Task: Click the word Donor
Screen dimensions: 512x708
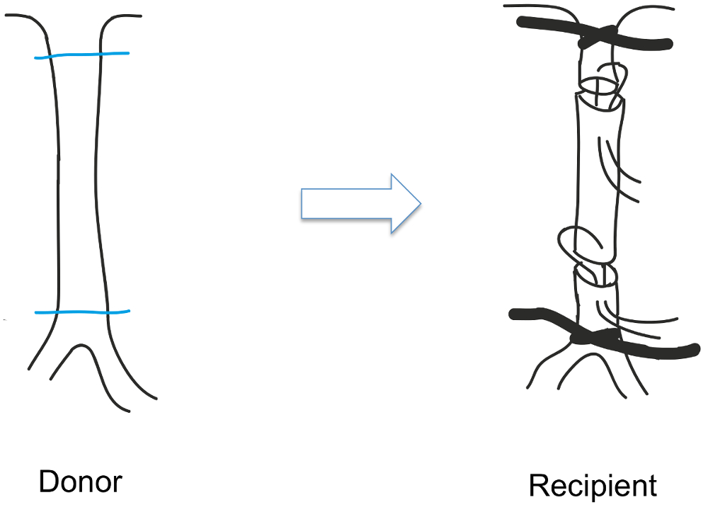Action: point(80,483)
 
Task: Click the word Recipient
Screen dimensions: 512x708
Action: point(593,487)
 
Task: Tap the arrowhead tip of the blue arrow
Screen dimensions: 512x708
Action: point(420,205)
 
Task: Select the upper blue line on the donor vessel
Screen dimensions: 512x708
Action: point(81,55)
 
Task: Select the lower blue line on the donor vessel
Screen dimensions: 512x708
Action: point(81,312)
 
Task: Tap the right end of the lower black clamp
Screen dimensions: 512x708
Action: point(697,351)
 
